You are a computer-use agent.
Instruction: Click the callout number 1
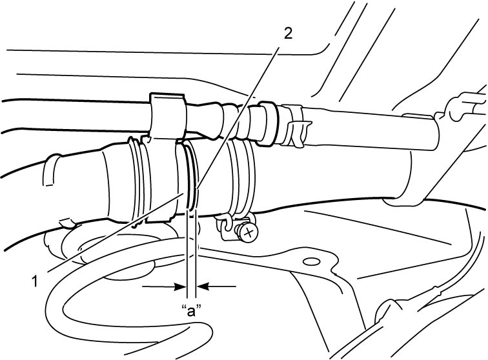click(x=35, y=281)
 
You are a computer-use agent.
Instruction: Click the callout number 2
click(x=288, y=34)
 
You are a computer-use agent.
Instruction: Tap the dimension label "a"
click(x=191, y=310)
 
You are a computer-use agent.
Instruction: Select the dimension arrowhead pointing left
click(x=203, y=286)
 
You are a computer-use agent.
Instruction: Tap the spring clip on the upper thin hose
click(x=296, y=126)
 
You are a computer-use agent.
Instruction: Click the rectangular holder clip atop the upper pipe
click(x=167, y=115)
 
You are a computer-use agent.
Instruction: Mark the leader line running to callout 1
click(x=115, y=232)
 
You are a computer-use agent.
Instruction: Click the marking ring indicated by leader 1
click(x=189, y=175)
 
